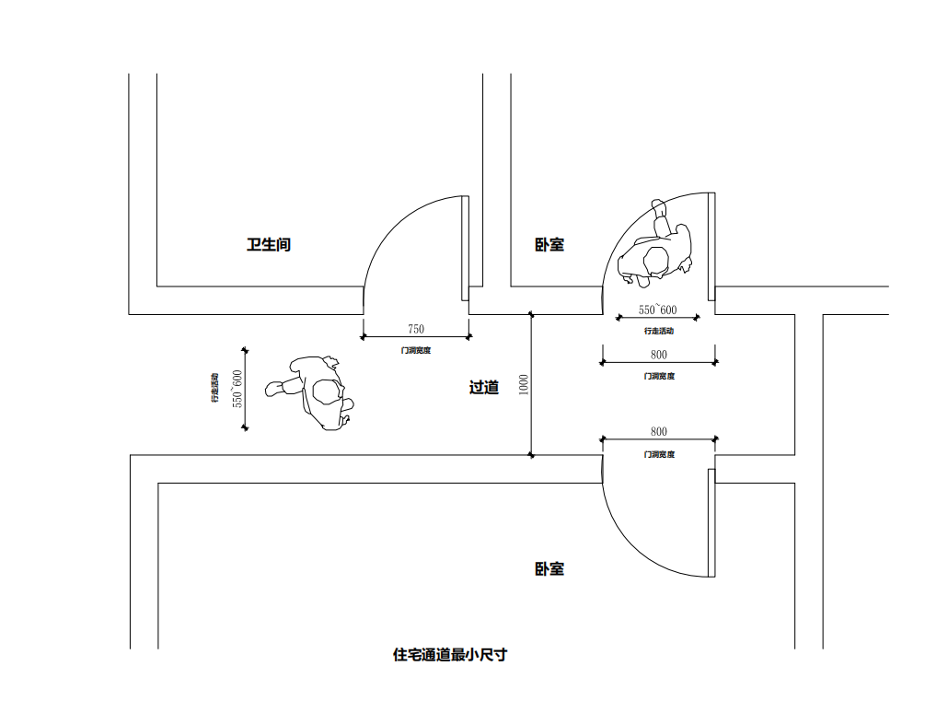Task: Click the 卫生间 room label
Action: point(269,245)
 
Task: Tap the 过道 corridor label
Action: point(484,388)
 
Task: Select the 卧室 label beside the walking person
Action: point(549,245)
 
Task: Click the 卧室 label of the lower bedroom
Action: point(549,569)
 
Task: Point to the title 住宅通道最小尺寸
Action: point(450,655)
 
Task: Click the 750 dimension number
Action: point(416,329)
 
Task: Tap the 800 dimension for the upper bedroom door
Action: point(659,355)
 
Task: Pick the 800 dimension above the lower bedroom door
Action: point(659,431)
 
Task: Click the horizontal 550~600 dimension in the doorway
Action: point(658,310)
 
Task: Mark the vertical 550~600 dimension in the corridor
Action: point(237,389)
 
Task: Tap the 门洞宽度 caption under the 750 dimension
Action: point(416,350)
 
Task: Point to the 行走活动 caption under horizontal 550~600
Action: point(659,331)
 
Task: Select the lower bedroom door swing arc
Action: point(635,543)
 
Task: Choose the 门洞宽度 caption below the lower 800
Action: point(659,454)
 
